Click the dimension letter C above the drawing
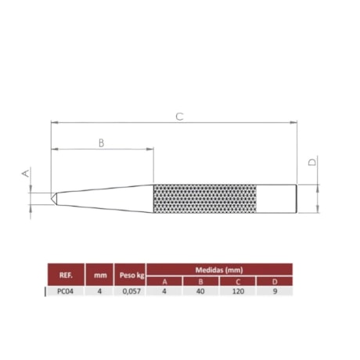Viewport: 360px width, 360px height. pyautogui.click(x=179, y=116)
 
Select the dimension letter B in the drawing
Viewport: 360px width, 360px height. pyautogui.click(x=102, y=142)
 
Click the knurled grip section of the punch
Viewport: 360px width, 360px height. pyautogui.click(x=205, y=198)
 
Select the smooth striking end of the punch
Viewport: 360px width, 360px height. pyautogui.click(x=277, y=198)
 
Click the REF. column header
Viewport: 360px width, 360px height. pyautogui.click(x=66, y=275)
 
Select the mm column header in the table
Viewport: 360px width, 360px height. pyautogui.click(x=99, y=275)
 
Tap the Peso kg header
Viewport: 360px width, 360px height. pyautogui.click(x=131, y=275)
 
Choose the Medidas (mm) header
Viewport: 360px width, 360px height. pyautogui.click(x=219, y=269)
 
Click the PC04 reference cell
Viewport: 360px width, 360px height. pyautogui.click(x=66, y=291)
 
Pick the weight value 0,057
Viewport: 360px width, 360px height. pyautogui.click(x=131, y=291)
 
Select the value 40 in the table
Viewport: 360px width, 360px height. pyautogui.click(x=201, y=291)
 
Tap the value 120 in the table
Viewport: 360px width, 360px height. pyautogui.click(x=239, y=291)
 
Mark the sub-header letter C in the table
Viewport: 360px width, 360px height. pyautogui.click(x=239, y=281)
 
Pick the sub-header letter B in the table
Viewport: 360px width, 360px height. pyautogui.click(x=201, y=281)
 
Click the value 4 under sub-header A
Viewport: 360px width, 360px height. pyautogui.click(x=164, y=291)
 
